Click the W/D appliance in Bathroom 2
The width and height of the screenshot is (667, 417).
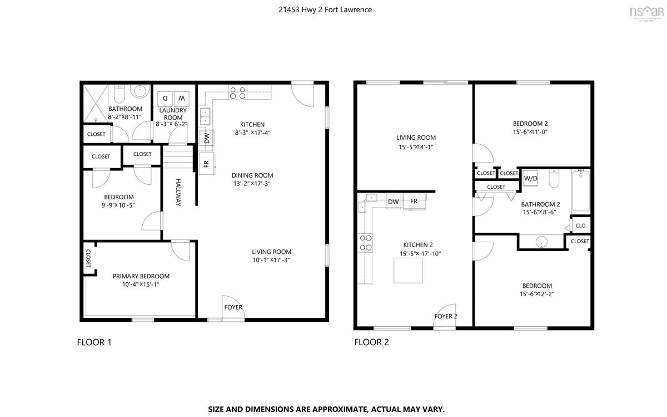(530, 178)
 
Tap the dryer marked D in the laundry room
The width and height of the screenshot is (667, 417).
(165, 99)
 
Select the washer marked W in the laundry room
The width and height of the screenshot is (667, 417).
(182, 99)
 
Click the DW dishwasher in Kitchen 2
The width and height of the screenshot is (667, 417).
(394, 202)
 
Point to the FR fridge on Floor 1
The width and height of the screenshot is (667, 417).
(207, 164)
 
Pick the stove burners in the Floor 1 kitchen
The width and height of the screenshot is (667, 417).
(238, 92)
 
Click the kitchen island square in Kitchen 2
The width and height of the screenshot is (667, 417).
(408, 271)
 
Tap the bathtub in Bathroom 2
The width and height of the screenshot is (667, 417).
(581, 191)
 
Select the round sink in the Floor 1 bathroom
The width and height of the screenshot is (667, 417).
(140, 91)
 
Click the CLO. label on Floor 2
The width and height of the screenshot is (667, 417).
(581, 226)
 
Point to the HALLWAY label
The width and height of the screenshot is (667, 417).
(178, 193)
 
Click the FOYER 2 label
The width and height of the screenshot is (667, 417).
(446, 316)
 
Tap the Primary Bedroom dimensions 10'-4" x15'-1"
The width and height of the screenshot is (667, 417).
(141, 284)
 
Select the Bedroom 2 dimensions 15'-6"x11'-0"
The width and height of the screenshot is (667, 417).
(530, 132)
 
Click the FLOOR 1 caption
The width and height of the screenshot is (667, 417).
(94, 342)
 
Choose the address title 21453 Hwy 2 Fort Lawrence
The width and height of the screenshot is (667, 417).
(325, 9)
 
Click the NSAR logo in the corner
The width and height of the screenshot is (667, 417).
(646, 13)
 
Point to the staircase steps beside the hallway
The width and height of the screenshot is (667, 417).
(178, 156)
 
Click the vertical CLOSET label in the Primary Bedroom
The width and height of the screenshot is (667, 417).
(88, 258)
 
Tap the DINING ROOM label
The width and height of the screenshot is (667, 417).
(252, 175)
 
